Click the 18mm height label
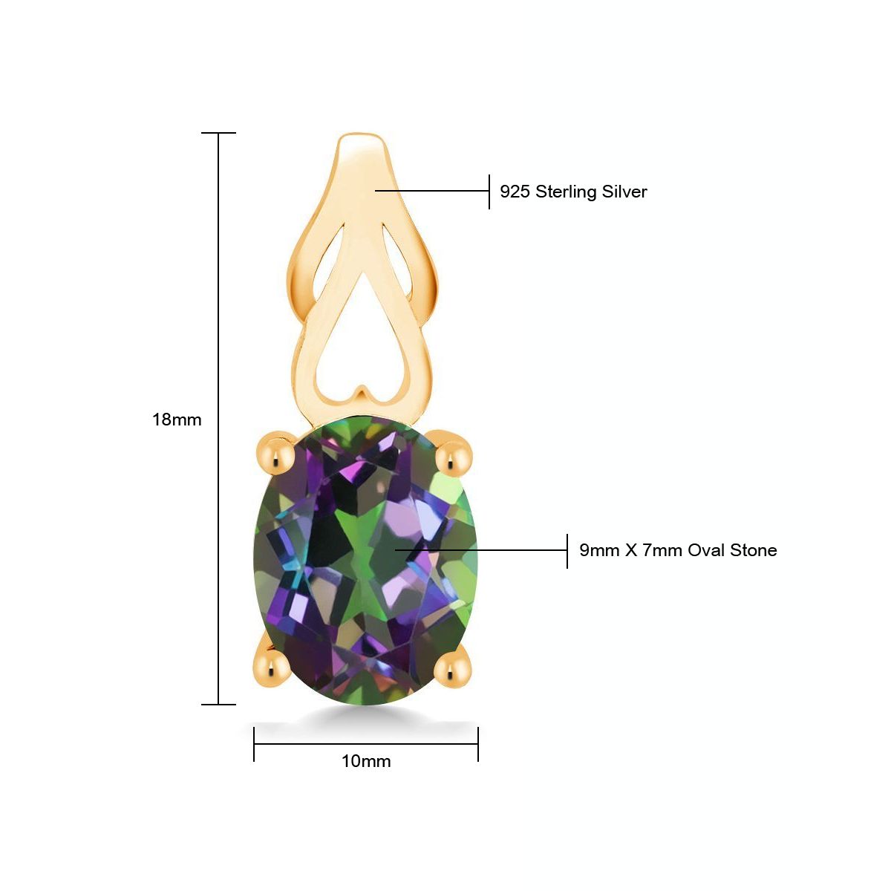pyautogui.click(x=177, y=420)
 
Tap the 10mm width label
pyautogui.click(x=366, y=761)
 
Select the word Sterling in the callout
pyautogui.click(x=567, y=192)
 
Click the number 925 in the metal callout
pyautogui.click(x=515, y=192)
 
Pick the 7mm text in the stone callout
pyautogui.click(x=662, y=550)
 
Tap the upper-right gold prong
pyautogui.click(x=454, y=456)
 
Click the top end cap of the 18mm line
pyautogui.click(x=218, y=134)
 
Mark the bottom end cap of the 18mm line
pyautogui.click(x=218, y=704)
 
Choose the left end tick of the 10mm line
pyautogui.click(x=254, y=743)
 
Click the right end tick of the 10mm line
pyautogui.click(x=477, y=743)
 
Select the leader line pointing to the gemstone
pyautogui.click(x=483, y=550)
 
